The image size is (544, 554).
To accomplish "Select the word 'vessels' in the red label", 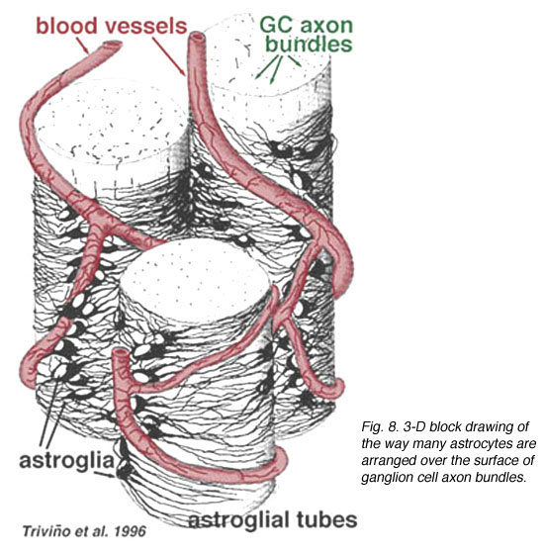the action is pos(145,26).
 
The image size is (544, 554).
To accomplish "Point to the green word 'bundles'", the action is pos(309,44).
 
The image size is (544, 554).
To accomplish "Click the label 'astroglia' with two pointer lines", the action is pos(67,460).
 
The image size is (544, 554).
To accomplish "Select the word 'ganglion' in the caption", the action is pos(385,479).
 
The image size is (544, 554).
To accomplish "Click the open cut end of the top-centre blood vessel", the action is pos(197,37).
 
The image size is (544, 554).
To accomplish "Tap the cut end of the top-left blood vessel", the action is pos(113,45).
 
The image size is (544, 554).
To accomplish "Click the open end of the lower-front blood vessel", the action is pos(120,354).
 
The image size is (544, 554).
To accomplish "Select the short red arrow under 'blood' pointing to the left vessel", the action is pos(83,46).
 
